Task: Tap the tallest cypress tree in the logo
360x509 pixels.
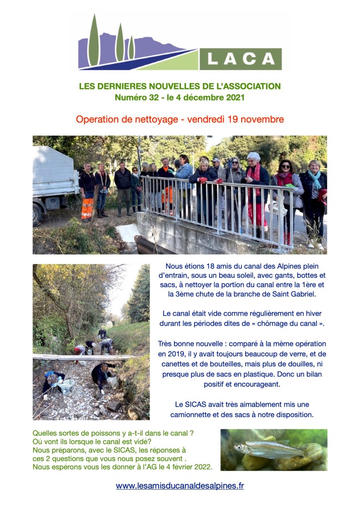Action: pos(93,40)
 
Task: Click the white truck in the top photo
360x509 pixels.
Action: pos(52,179)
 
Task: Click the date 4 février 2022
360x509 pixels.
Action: pos(186,467)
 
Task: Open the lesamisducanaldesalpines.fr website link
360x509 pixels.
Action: pos(180,486)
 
